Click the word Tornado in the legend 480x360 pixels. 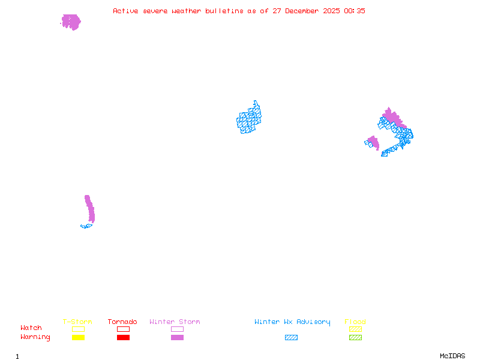point(122,322)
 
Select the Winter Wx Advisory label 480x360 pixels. point(292,322)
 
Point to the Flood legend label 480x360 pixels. point(355,322)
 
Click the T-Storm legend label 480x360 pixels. point(77,322)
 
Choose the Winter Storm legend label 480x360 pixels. point(175,322)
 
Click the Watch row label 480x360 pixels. point(31,328)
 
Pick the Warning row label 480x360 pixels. point(35,337)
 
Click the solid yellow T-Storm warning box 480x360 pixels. point(78,337)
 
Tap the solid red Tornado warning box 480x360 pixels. point(123,337)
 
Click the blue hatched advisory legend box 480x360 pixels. point(291,337)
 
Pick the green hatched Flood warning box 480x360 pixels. point(355,337)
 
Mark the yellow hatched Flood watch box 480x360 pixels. point(355,329)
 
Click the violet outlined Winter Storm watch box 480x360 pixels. point(177,329)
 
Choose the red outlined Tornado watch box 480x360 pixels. point(123,329)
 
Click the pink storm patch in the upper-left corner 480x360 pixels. point(71,22)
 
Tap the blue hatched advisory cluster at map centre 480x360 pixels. point(249,119)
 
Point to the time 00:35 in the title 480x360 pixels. point(355,11)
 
